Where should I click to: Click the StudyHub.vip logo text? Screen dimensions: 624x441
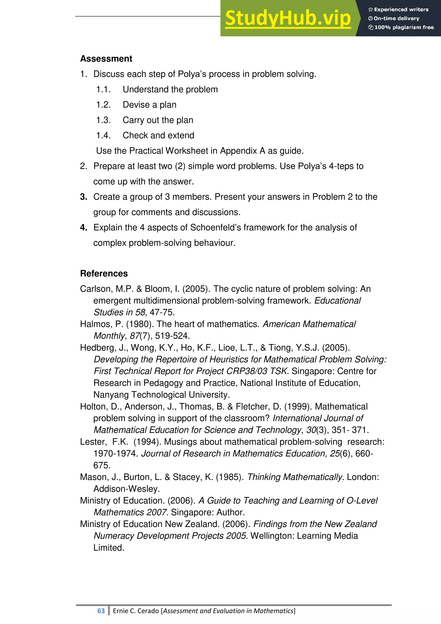point(288,19)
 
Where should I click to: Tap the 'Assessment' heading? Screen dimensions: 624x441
point(106,59)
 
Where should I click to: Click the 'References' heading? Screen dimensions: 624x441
point(104,273)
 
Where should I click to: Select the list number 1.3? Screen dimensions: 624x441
point(103,120)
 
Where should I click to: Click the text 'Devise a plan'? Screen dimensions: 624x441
point(149,105)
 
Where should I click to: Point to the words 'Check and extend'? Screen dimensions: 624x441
point(158,135)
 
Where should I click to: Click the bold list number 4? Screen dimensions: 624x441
point(83,228)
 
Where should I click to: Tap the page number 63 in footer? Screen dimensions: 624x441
point(101,611)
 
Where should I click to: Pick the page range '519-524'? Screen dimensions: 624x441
point(172,336)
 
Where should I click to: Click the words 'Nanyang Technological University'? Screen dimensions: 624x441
point(161,395)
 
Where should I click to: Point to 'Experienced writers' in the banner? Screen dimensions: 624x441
point(401,9)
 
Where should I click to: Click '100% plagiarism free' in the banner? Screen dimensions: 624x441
point(404,27)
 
